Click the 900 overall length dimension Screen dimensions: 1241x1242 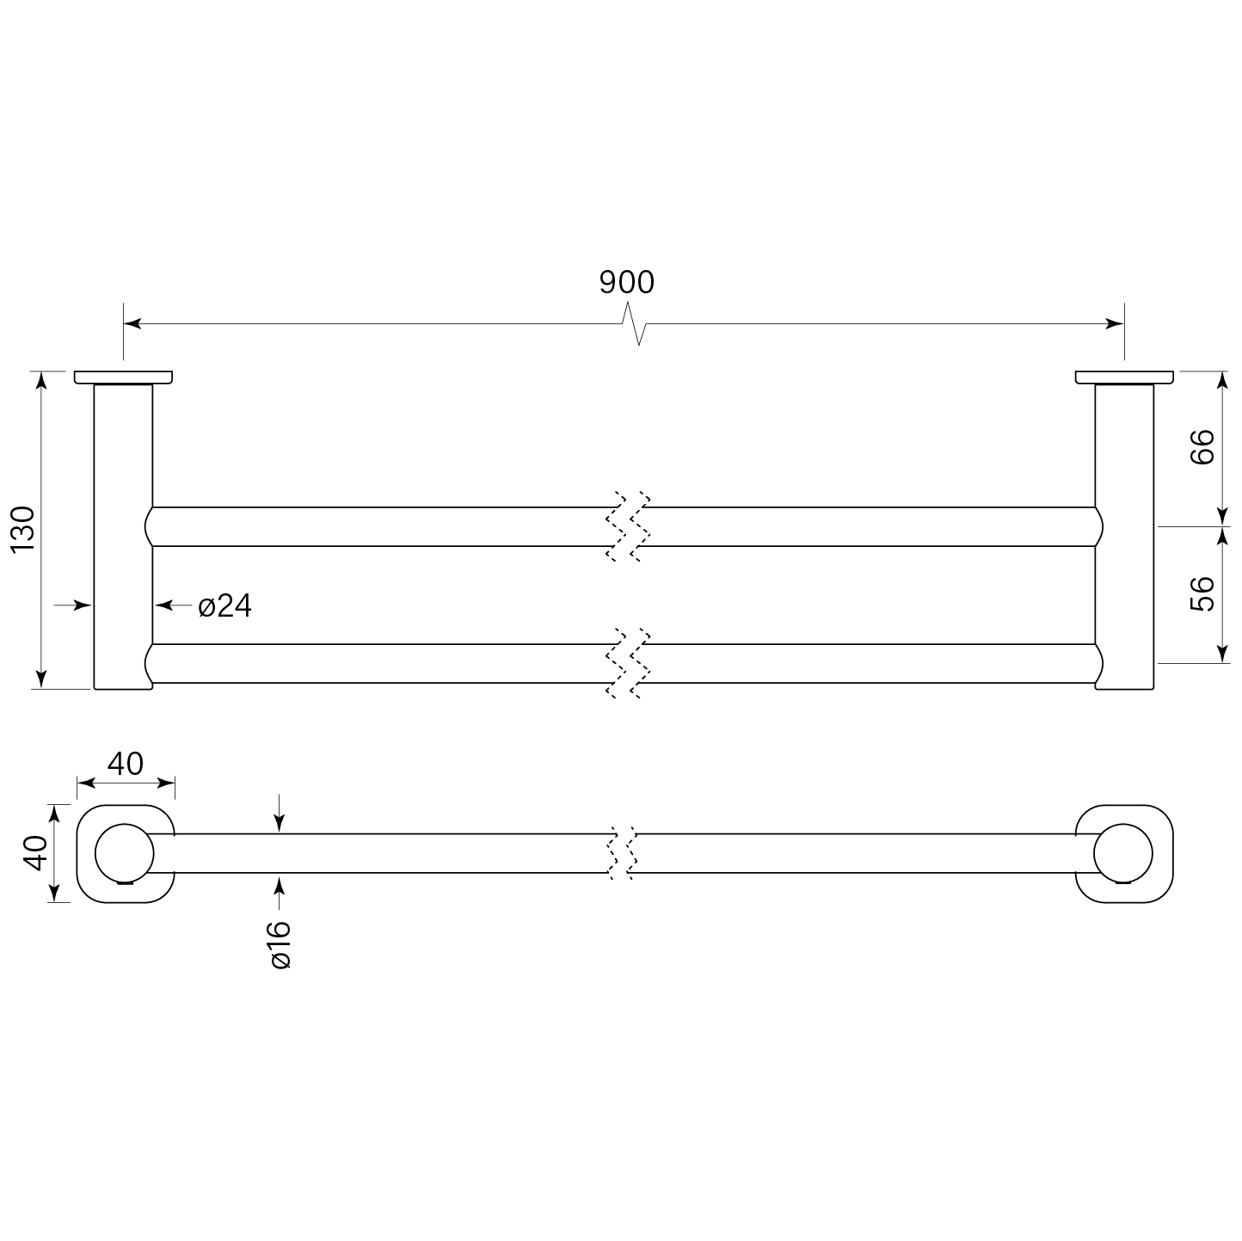pos(626,282)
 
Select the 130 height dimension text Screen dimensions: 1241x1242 pos(23,529)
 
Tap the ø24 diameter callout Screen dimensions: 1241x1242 pos(224,606)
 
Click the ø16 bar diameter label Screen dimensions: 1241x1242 pos(281,944)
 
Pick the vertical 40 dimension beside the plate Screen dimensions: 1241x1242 pos(35,852)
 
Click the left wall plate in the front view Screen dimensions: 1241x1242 pos(123,377)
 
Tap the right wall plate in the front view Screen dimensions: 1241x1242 pos(1124,377)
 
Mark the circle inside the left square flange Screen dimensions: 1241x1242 pos(124,854)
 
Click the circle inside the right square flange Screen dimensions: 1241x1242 pos(1123,854)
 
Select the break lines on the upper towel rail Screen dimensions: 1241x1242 pos(629,526)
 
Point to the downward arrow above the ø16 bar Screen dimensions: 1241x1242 pos(279,822)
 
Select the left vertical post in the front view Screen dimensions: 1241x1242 pos(123,533)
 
